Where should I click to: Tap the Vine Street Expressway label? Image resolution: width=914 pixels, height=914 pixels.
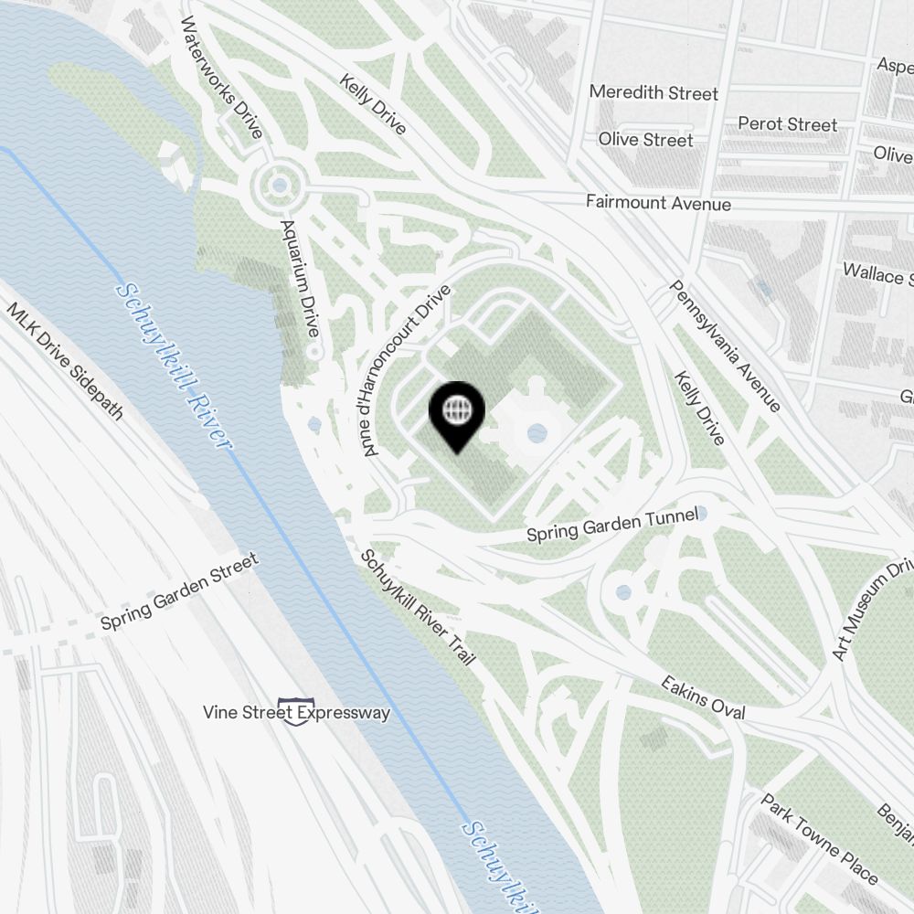pyautogui.click(x=297, y=712)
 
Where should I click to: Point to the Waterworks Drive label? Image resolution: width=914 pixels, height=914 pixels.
pyautogui.click(x=222, y=77)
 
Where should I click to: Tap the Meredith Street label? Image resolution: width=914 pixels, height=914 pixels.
pyautogui.click(x=653, y=92)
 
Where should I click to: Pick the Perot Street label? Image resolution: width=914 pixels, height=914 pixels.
pyautogui.click(x=787, y=123)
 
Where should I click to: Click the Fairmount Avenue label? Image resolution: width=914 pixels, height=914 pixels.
pyautogui.click(x=658, y=203)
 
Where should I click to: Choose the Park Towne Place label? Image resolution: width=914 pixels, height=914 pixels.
pyautogui.click(x=820, y=839)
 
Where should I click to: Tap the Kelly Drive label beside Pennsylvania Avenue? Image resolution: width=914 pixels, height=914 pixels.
pyautogui.click(x=699, y=408)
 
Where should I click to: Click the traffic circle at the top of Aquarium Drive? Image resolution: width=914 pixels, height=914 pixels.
pyautogui.click(x=278, y=188)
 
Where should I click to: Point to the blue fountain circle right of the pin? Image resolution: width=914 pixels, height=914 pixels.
pyautogui.click(x=537, y=431)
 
